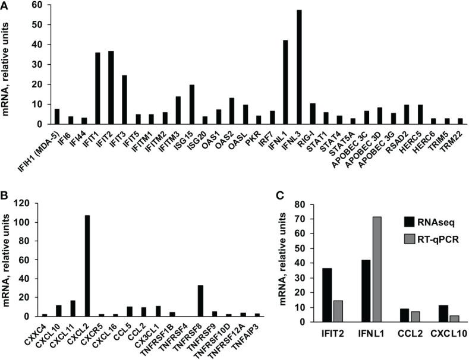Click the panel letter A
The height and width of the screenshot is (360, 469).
pyautogui.click(x=5, y=5)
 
